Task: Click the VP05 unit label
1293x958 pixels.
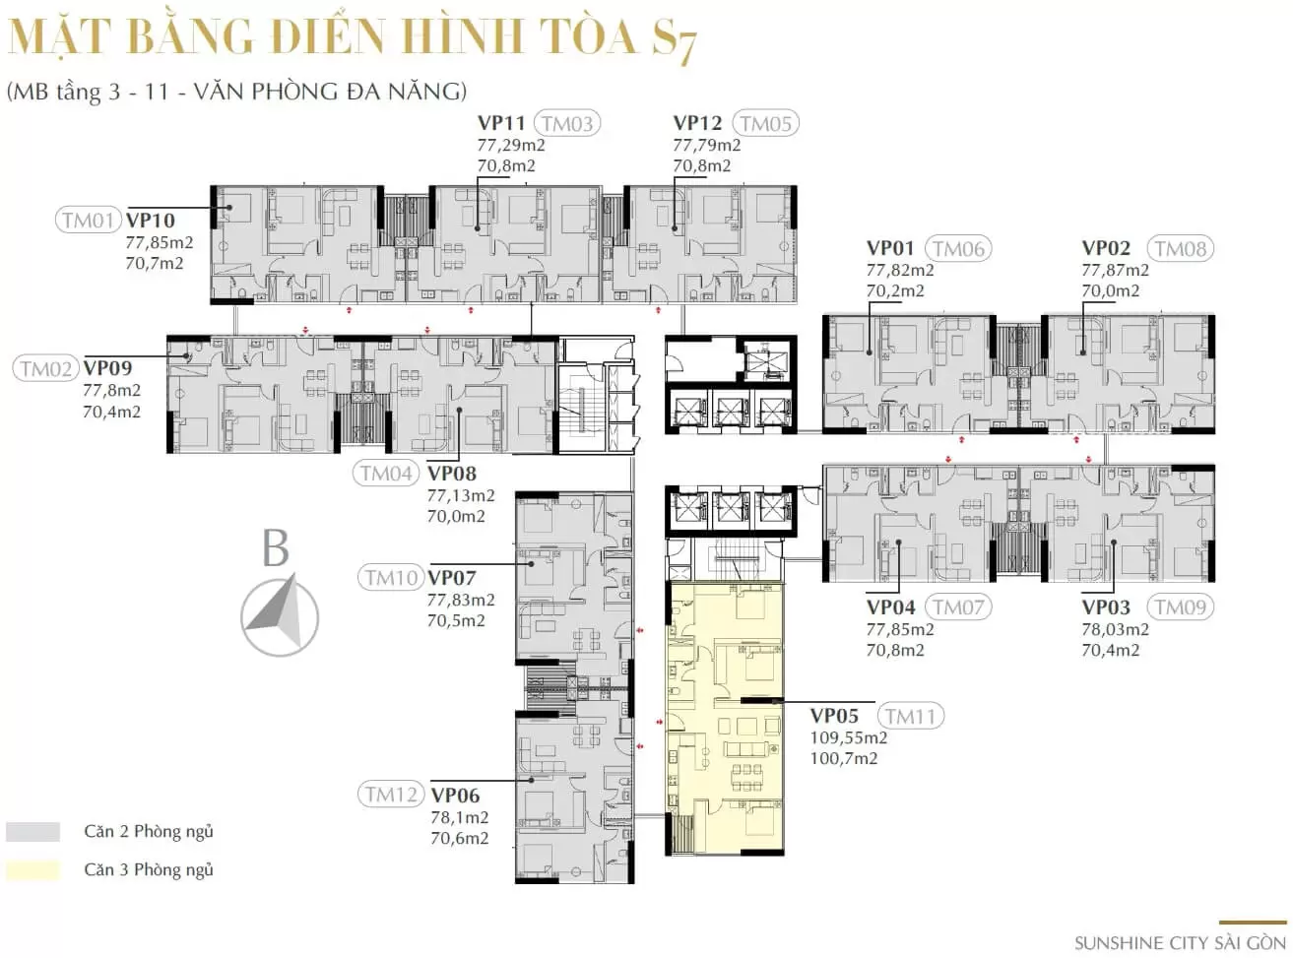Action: click(834, 716)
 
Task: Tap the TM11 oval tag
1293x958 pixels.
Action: click(910, 716)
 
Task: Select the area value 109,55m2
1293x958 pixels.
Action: click(848, 737)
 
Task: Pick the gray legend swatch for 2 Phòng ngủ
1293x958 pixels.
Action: click(32, 831)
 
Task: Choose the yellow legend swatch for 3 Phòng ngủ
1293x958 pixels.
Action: click(32, 870)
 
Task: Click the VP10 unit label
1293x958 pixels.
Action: click(151, 221)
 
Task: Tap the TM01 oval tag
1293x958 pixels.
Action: click(88, 221)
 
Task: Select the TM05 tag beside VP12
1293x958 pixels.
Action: click(765, 123)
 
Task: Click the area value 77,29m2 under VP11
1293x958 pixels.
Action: click(511, 145)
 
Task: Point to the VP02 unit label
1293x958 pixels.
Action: click(1106, 248)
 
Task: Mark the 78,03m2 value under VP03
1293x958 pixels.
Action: click(1115, 630)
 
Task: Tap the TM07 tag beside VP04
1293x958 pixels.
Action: click(958, 607)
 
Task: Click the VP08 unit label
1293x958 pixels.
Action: click(452, 473)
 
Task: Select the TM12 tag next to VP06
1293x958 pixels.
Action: click(391, 795)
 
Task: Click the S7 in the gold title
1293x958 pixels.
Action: click(674, 39)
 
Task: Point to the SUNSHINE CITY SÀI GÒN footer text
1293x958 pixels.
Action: click(1180, 943)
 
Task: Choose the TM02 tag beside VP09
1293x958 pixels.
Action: click(45, 368)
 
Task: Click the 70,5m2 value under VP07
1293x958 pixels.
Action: click(456, 620)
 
